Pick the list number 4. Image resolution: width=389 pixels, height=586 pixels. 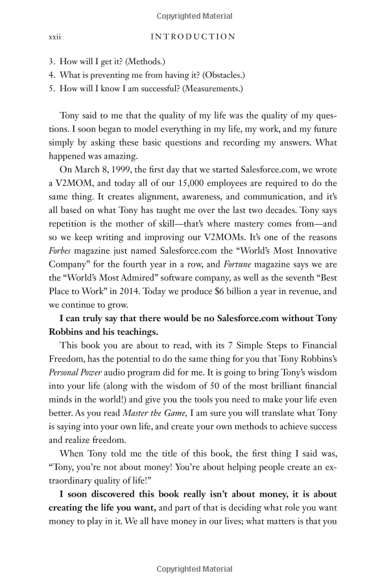click(51, 75)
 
